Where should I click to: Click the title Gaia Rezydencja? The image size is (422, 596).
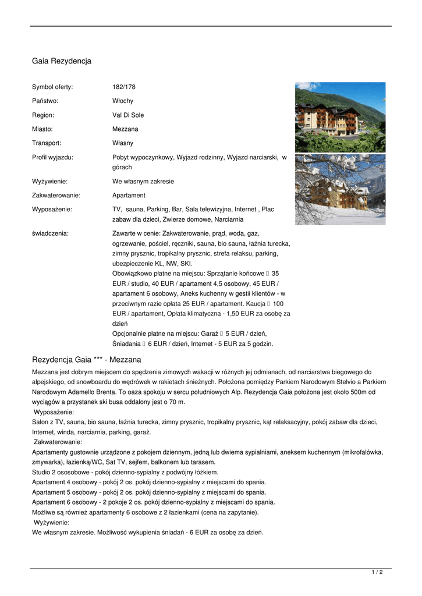pos(61,61)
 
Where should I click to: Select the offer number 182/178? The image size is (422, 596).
pos(123,87)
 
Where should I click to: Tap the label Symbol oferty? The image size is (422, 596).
pos(52,87)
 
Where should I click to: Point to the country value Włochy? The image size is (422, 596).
pos(123,101)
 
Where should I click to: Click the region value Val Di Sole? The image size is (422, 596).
pos(128,115)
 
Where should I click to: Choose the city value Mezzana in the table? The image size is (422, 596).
pos(125,129)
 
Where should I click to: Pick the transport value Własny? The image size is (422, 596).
pos(123,143)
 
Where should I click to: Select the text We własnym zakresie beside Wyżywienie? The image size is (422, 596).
pos(143,182)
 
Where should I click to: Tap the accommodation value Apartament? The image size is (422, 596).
pos(129,196)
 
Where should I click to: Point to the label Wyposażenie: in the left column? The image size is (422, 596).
pos(52,209)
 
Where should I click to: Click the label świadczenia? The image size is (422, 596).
pos(50,233)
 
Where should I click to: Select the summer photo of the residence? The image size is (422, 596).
pos(340,117)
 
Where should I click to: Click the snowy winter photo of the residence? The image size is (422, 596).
pos(340,189)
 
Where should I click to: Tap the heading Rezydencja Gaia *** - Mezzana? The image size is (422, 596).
pos(86,360)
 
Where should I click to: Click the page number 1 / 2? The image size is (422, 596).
pos(377,572)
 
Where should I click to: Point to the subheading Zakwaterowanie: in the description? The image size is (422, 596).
pos(58,442)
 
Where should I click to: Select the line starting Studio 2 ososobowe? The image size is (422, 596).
pos(125,472)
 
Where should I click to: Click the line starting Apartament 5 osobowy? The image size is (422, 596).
pos(149,492)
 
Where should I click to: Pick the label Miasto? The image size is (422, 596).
pos(42,129)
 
